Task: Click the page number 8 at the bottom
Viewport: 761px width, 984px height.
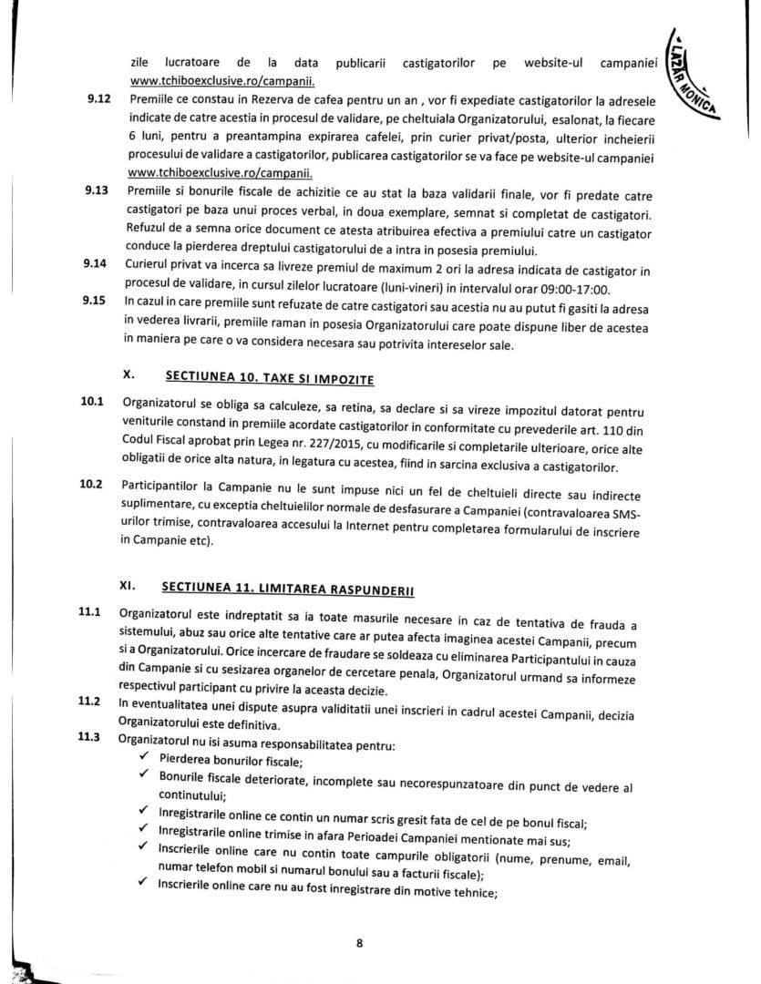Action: click(x=360, y=943)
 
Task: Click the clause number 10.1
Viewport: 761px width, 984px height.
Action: click(x=94, y=401)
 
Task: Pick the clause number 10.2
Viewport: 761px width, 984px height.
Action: click(x=94, y=483)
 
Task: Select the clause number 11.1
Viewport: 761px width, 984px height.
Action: click(x=90, y=611)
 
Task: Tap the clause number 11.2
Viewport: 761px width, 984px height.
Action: click(x=90, y=702)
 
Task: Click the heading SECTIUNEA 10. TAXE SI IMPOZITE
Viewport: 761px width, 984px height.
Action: click(x=269, y=376)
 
